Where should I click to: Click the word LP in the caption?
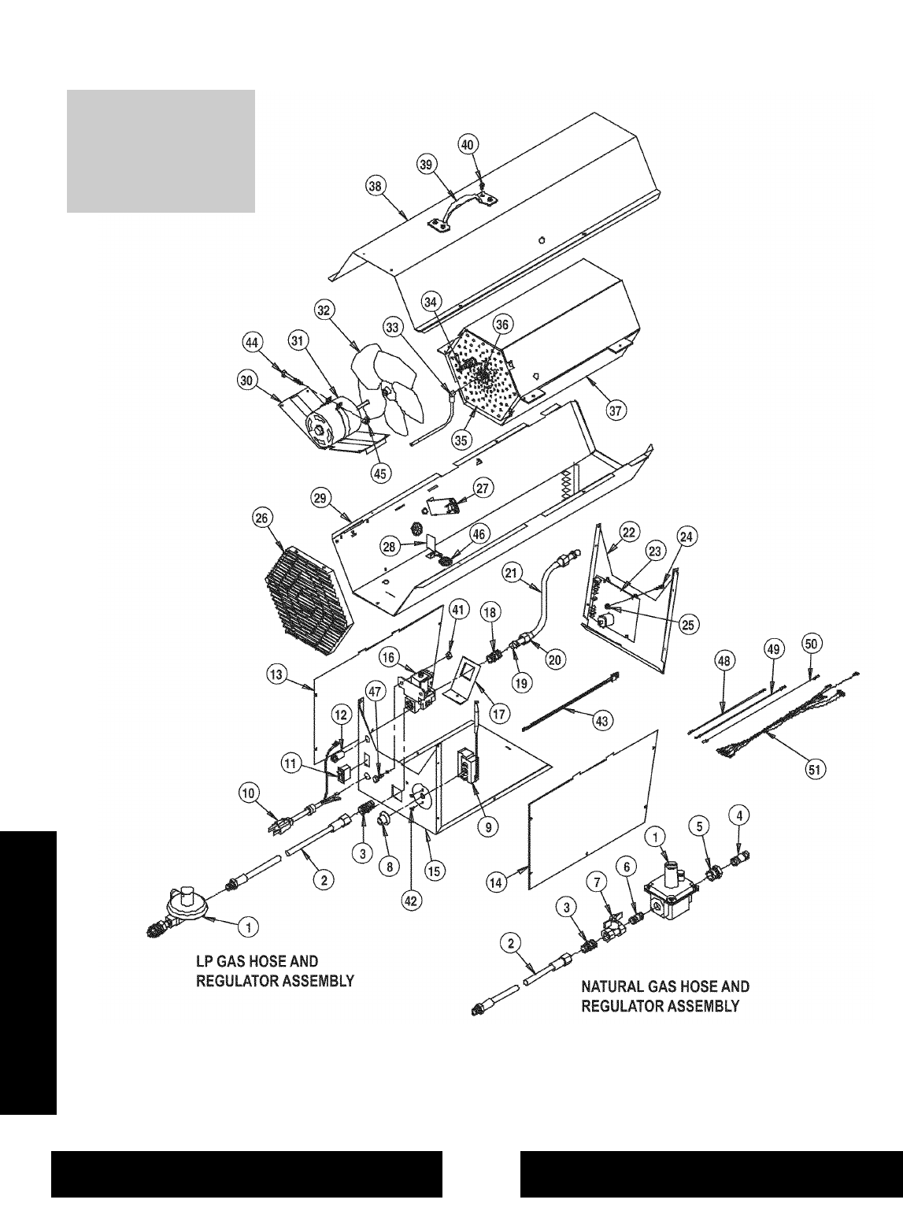pyautogui.click(x=204, y=961)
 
